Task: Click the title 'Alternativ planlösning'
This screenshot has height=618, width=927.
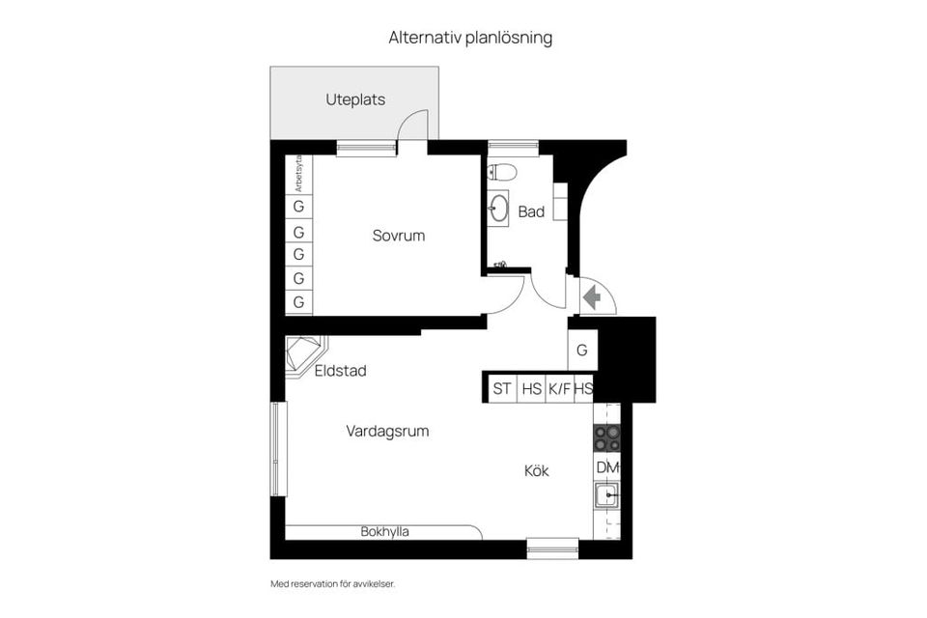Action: (x=470, y=38)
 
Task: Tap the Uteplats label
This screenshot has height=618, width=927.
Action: (x=355, y=98)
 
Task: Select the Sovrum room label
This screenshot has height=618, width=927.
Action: (x=399, y=235)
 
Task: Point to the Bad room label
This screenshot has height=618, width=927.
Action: (x=531, y=211)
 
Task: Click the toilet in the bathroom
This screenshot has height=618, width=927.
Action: (x=503, y=172)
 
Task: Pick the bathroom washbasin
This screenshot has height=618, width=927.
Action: (x=499, y=208)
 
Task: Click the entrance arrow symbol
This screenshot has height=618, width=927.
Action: (x=592, y=297)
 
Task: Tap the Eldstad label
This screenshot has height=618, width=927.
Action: (x=341, y=370)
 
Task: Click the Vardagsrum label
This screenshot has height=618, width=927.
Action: (x=387, y=431)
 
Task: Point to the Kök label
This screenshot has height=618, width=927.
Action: (x=537, y=470)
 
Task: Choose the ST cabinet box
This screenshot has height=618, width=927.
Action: (x=502, y=388)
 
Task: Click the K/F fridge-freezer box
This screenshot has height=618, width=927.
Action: (x=559, y=388)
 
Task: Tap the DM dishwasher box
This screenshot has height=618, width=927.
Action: (x=606, y=467)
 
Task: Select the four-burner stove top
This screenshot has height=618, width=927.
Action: (x=606, y=439)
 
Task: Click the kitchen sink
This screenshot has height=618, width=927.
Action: (x=606, y=496)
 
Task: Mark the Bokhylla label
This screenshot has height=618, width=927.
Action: (x=385, y=531)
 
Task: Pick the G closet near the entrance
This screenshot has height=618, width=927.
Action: (x=582, y=351)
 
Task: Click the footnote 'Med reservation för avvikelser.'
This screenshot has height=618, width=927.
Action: (x=333, y=583)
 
